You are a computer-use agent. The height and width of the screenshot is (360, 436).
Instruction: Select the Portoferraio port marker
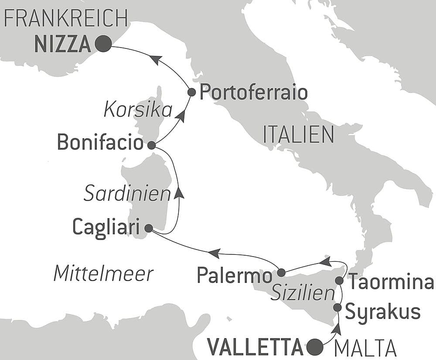pos(191,92)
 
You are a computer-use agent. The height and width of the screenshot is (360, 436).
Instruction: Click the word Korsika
pos(138,110)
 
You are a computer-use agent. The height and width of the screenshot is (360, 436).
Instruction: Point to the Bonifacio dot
pos(151,145)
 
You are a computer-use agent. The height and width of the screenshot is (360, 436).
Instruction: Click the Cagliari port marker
pos(148,228)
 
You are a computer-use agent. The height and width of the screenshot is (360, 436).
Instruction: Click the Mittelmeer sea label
pos(103,274)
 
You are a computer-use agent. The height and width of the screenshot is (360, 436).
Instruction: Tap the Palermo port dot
pos(281,272)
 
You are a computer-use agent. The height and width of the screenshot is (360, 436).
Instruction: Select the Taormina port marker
pos(339,280)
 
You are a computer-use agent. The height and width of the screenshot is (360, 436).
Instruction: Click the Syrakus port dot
pos(337,308)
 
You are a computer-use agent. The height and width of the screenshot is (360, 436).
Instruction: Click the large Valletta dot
pos(315,347)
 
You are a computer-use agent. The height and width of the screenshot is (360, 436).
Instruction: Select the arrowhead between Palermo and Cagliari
pos(214,253)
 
